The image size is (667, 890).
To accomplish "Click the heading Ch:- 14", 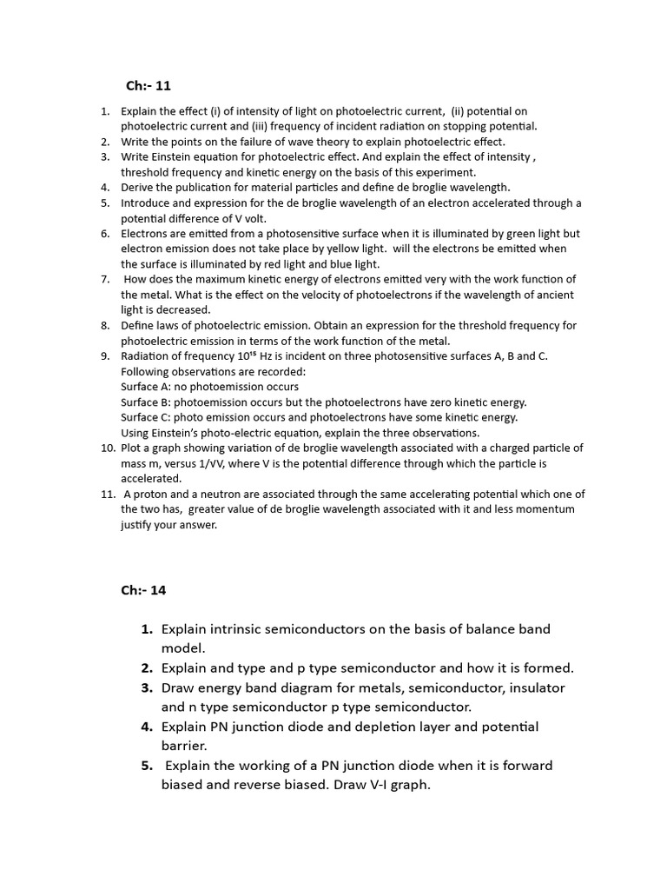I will [x=142, y=590].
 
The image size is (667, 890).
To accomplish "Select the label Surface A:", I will [x=146, y=387].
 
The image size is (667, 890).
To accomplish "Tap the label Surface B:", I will [x=146, y=402].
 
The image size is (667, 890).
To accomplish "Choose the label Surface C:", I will [x=146, y=417].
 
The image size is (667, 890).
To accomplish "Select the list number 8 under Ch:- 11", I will [x=105, y=325].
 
